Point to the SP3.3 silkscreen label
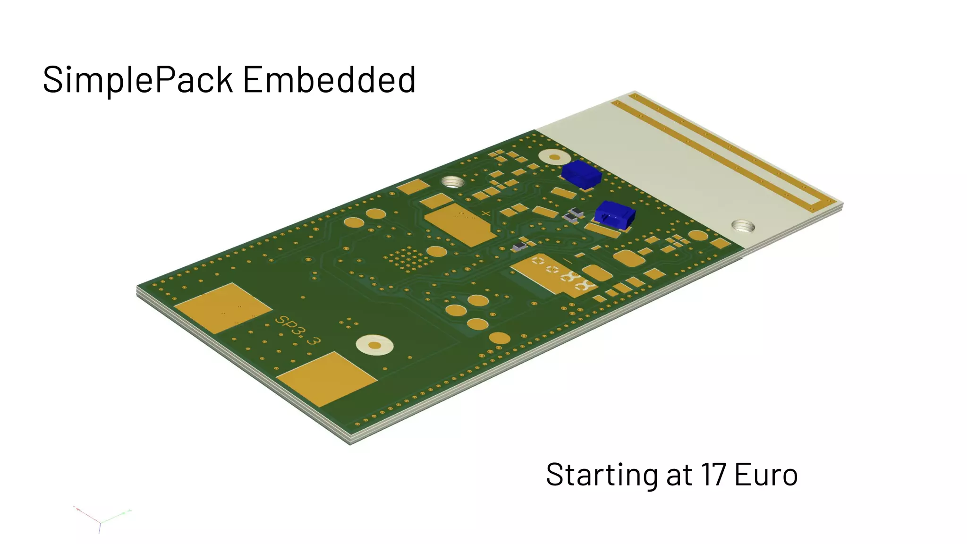pyautogui.click(x=297, y=330)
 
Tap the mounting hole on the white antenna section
pyautogui.click(x=742, y=227)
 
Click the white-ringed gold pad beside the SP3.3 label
pyautogui.click(x=374, y=345)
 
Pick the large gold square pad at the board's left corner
pyautogui.click(x=222, y=308)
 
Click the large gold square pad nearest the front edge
pyautogui.click(x=326, y=379)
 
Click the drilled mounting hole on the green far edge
pyautogui.click(x=452, y=182)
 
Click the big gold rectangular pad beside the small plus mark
pyautogui.click(x=458, y=224)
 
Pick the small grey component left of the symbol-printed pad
pyautogui.click(x=519, y=246)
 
